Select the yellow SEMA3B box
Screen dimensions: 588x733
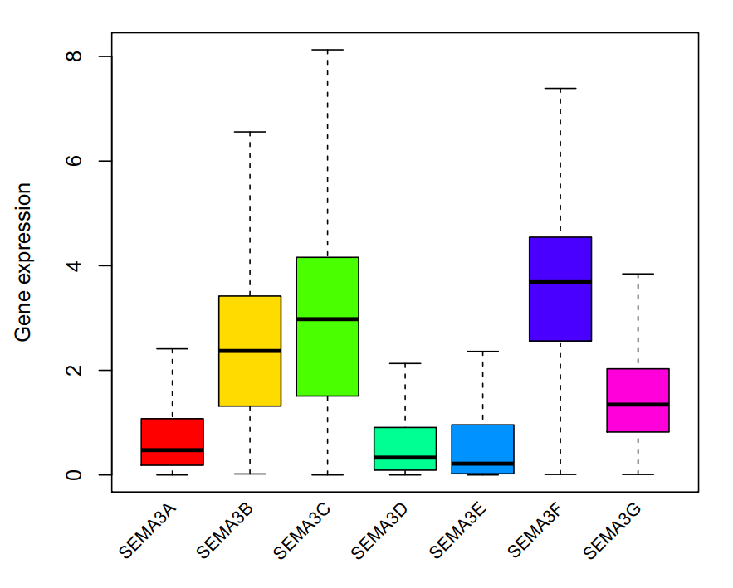(250, 332)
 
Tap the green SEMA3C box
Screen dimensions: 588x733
(327, 357)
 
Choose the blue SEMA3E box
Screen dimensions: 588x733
(482, 444)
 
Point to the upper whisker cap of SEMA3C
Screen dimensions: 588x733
(327, 50)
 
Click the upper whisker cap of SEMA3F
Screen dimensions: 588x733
(560, 88)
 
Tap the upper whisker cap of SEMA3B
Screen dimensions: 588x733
(250, 132)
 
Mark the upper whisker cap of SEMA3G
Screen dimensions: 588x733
(638, 274)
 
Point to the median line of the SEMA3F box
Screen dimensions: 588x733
(560, 282)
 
